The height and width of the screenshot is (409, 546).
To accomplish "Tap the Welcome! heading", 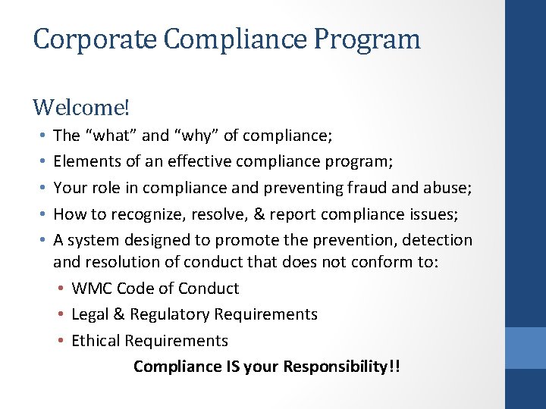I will coord(81,108).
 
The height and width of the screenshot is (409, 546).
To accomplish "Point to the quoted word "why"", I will coord(196,136).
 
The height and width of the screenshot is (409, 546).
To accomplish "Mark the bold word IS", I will coord(234,367).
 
